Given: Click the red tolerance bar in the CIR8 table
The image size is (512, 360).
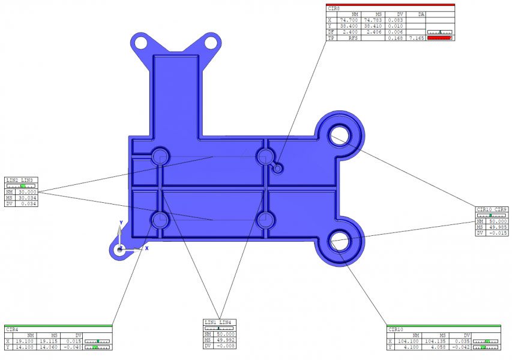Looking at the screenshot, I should click(439, 38).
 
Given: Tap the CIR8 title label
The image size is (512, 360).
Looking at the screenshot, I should click(334, 8).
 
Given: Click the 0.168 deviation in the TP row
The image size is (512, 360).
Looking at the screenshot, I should click(394, 38).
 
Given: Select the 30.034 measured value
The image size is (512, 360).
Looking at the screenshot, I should click(28, 197).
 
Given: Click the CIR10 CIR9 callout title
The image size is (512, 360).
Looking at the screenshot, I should click(492, 209).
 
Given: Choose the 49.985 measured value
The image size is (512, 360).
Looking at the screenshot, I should click(498, 227).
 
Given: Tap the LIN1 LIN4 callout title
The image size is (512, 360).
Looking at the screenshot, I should click(218, 322).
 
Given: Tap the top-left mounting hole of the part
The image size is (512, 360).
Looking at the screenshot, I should click(140, 43).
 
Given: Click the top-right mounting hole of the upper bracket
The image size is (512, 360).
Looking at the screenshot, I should click(211, 43).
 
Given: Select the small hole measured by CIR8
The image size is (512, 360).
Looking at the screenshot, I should click(278, 169).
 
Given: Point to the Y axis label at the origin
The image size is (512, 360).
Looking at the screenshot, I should click(121, 223).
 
